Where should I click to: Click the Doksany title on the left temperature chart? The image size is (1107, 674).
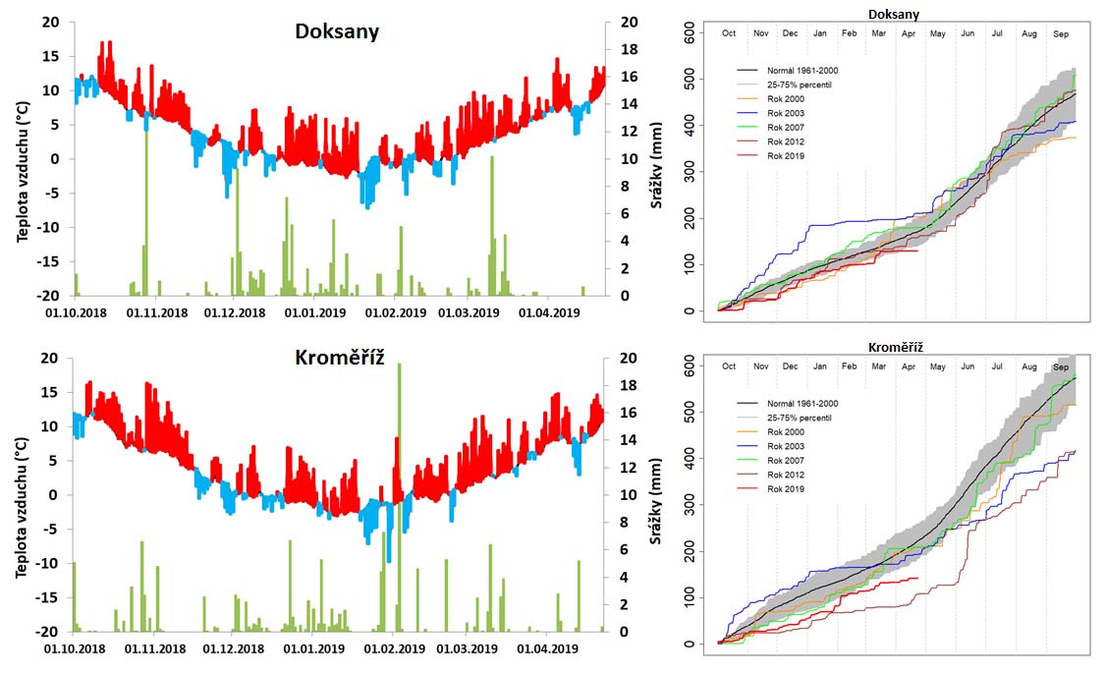coord(337,31)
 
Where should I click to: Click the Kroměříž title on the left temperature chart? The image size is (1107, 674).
coord(337,358)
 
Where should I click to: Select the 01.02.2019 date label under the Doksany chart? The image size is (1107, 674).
coord(395,313)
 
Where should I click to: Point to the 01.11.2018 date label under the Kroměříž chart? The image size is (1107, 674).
coord(156,649)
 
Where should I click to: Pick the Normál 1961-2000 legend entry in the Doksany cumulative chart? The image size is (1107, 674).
coord(803,70)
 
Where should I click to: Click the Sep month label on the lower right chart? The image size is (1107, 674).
coord(1061,366)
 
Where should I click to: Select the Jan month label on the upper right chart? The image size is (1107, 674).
coord(819,33)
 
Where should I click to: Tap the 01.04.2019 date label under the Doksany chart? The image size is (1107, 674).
coord(551,313)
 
